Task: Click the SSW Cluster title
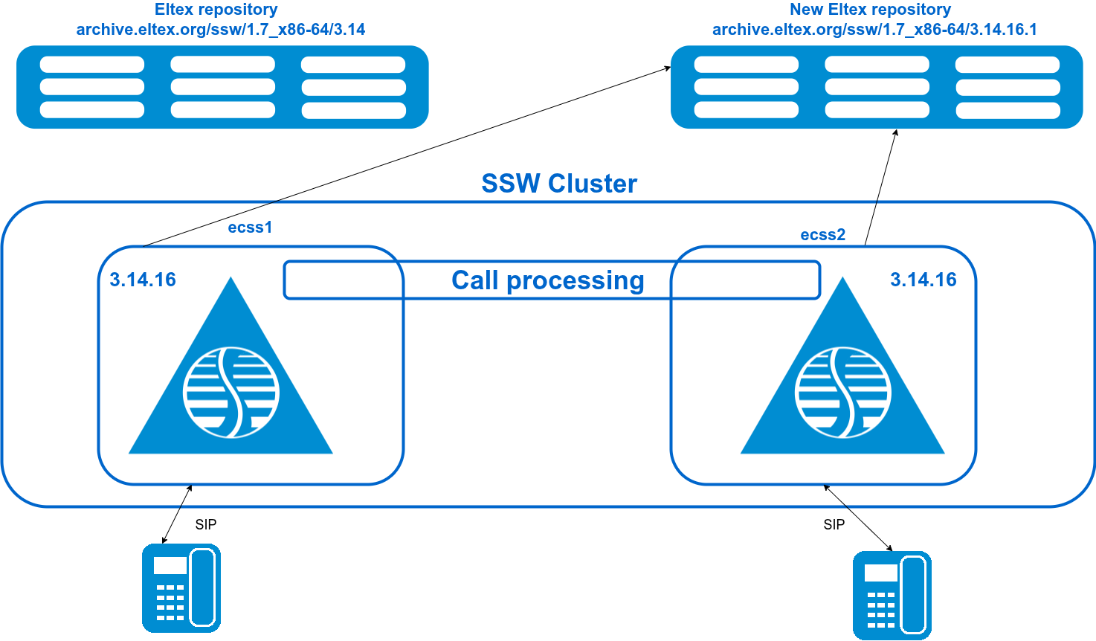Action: click(559, 184)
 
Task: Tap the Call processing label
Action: click(548, 280)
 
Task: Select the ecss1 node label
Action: click(250, 228)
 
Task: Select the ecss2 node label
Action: click(822, 235)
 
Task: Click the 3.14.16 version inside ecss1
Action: click(143, 280)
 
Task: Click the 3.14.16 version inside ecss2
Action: click(923, 280)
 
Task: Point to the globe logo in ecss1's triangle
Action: click(231, 392)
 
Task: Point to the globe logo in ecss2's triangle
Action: click(842, 392)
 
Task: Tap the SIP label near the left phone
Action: click(206, 524)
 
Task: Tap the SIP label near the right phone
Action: click(834, 524)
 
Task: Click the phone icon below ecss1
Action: click(181, 588)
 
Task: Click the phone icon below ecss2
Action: click(892, 595)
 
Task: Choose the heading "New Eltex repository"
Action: click(870, 10)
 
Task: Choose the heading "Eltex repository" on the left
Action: click(216, 10)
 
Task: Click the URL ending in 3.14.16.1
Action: click(874, 30)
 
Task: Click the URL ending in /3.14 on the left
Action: click(221, 30)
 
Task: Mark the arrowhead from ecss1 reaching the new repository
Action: click(668, 68)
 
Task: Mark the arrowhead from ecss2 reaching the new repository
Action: click(896, 132)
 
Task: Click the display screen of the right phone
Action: click(881, 573)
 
